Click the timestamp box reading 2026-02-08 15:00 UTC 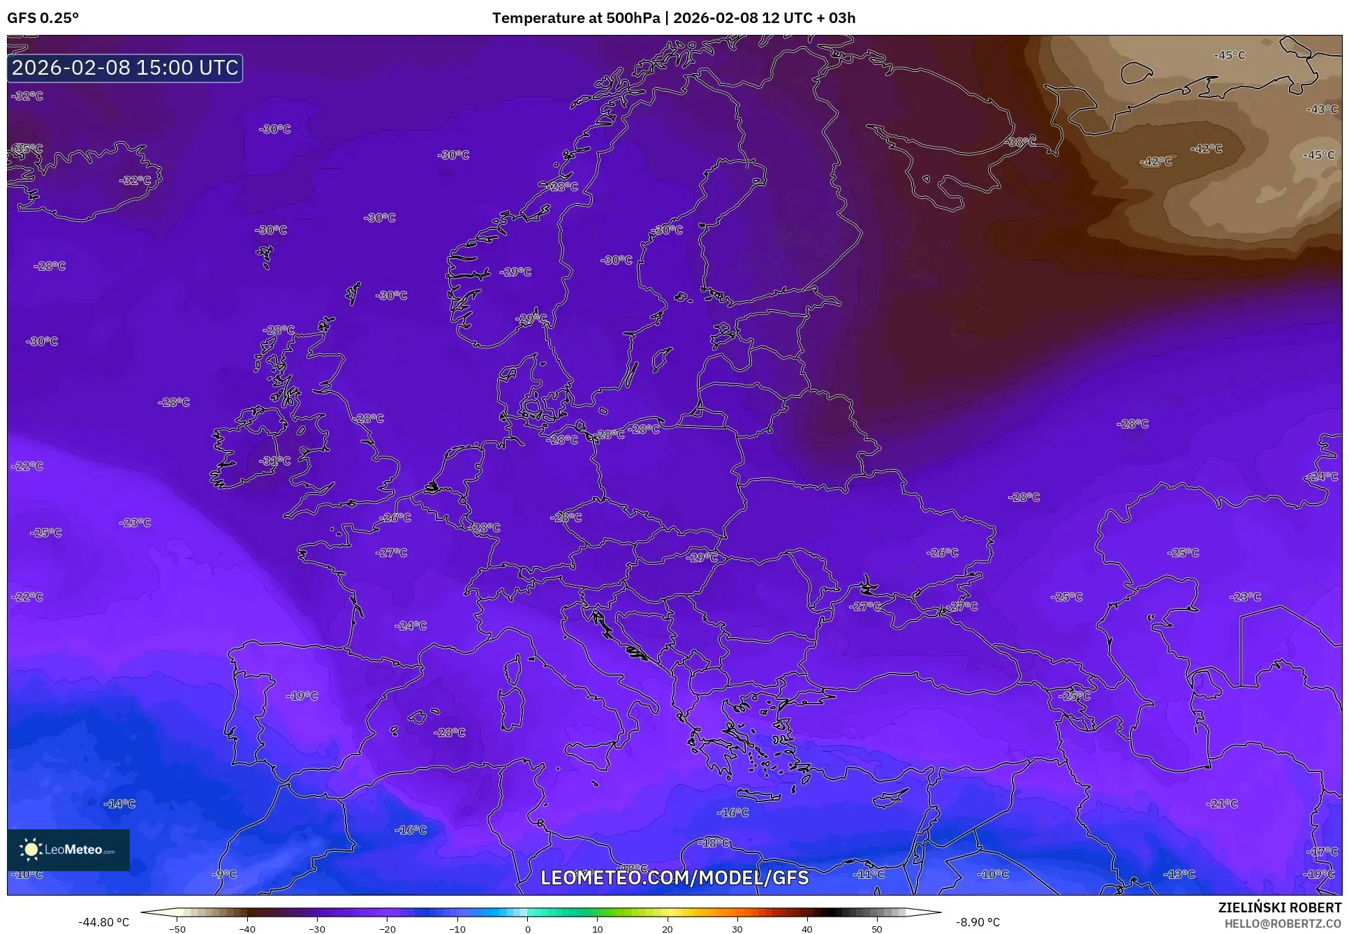(x=125, y=68)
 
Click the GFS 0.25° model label (x=43, y=18)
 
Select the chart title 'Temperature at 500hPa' (x=575, y=18)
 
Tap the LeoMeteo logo (x=68, y=850)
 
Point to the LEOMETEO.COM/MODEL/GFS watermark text (x=674, y=877)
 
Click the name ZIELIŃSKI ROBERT (x=1279, y=908)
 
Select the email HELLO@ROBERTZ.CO (x=1283, y=923)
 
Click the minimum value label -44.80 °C (x=103, y=922)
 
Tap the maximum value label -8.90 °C (x=978, y=922)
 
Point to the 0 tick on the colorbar (x=527, y=928)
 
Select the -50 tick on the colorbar (x=177, y=928)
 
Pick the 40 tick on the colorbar (x=807, y=928)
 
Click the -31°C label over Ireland (x=275, y=461)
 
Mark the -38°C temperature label (x=1020, y=142)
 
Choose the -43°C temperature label (x=1322, y=110)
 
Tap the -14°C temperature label (x=119, y=803)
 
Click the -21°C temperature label (x=1222, y=803)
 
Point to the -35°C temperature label (x=27, y=149)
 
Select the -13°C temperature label (x=1179, y=874)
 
